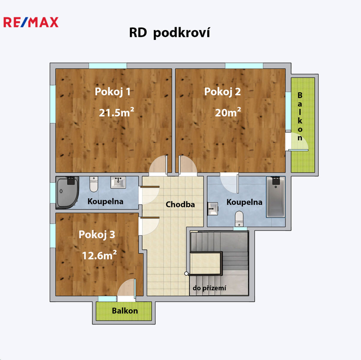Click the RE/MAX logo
(31, 22)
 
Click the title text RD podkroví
(169, 33)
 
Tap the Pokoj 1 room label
(113, 91)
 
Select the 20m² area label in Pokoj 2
(228, 112)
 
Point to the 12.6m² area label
(99, 255)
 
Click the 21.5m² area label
(116, 112)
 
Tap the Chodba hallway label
(180, 204)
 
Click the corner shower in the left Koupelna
(68, 193)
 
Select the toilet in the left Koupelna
(94, 184)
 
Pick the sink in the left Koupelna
(118, 182)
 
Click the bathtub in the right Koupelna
(276, 197)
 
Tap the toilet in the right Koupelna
(239, 219)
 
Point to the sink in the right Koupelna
(213, 209)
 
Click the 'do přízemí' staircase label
(209, 288)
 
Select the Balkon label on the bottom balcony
(125, 311)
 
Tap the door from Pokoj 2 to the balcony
(297, 142)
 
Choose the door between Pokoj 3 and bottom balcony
(127, 288)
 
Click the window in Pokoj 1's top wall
(108, 66)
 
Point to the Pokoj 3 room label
(97, 234)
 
